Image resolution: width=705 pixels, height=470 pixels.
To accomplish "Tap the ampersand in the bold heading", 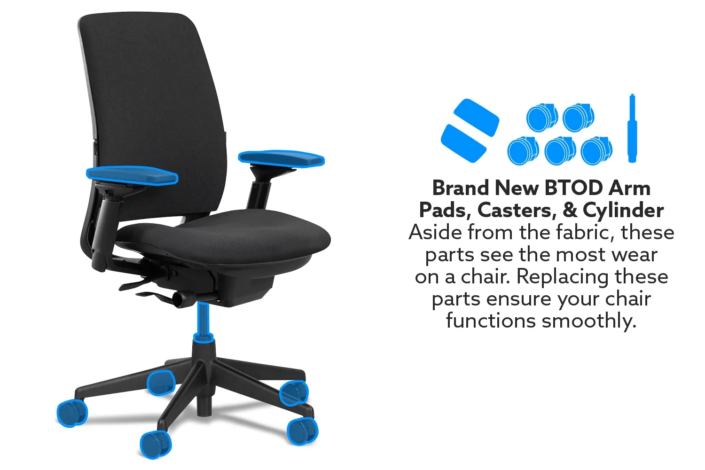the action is (x=570, y=210).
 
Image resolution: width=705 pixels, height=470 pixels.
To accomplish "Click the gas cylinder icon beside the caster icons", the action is (x=632, y=128).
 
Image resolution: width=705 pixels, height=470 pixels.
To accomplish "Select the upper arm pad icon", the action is (x=476, y=117).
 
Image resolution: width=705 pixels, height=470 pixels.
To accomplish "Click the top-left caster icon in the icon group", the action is (x=542, y=117).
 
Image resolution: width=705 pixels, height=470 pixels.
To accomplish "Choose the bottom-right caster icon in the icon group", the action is (x=596, y=150).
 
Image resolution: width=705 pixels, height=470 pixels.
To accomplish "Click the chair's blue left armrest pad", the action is (x=132, y=175).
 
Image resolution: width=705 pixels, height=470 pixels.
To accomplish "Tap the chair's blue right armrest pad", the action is (x=282, y=158).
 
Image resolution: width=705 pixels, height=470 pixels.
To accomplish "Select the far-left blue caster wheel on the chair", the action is (x=72, y=413).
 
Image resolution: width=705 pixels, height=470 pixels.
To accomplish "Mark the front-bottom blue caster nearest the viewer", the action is (x=156, y=445).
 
